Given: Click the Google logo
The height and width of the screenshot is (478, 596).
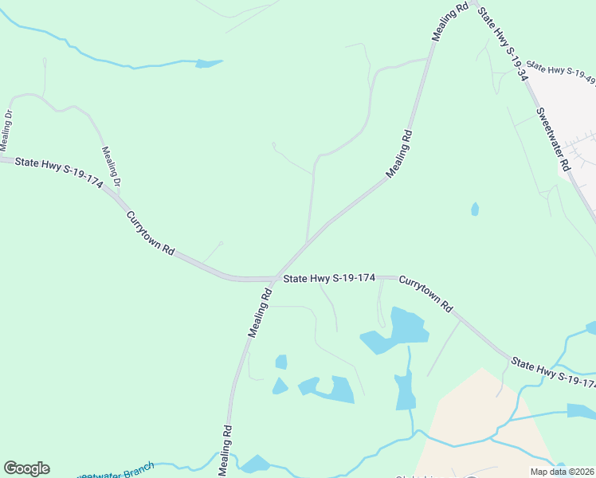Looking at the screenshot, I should click(26, 468).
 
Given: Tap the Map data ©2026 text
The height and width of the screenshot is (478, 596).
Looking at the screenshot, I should click(563, 472).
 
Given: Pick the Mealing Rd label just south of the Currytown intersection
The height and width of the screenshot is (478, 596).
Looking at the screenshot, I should click(260, 312).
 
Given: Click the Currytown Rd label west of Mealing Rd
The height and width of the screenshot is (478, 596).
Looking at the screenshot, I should click(149, 232).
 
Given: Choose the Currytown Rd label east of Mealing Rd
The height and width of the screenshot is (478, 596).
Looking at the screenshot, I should click(425, 294).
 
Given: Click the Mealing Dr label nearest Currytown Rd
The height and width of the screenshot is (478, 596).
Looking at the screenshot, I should click(111, 167).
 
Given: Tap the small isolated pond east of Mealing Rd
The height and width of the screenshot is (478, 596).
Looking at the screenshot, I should click(475, 210).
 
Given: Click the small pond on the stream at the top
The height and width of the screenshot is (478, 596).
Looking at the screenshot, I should click(209, 63).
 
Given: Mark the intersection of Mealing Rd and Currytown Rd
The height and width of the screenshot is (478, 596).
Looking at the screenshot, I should click(276, 279).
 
